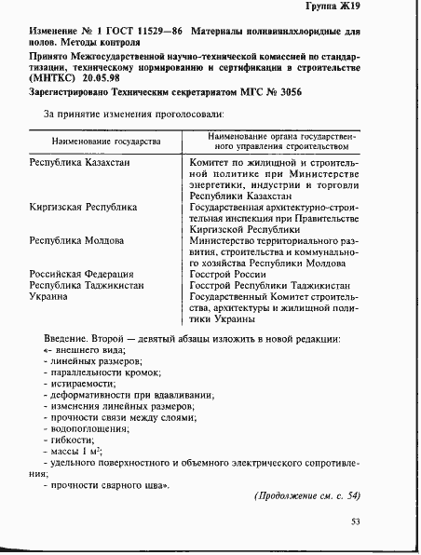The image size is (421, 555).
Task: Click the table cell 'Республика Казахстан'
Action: point(80,162)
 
